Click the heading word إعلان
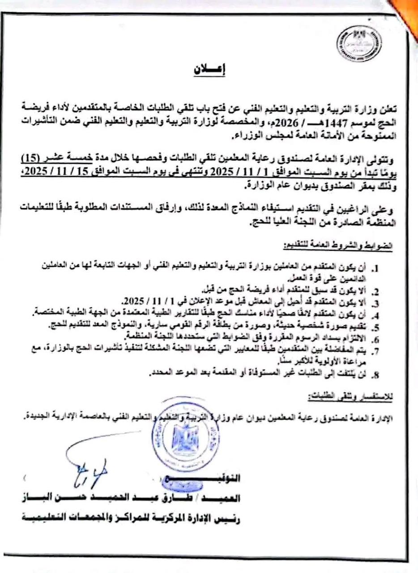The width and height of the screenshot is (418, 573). pyautogui.click(x=210, y=70)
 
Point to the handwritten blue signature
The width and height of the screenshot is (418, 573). pyautogui.click(x=90, y=470)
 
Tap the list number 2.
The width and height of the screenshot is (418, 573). pyautogui.click(x=377, y=291)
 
